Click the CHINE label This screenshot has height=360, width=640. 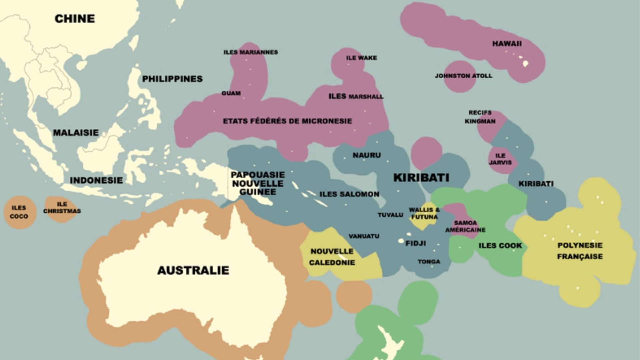click(75, 19)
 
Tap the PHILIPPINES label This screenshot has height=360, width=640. click(172, 79)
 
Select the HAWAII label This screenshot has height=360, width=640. click(507, 44)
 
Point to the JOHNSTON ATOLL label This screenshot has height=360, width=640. click(463, 76)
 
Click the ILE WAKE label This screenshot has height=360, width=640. click(361, 58)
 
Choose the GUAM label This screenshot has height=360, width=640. click(231, 93)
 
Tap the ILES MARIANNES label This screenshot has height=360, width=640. click(250, 52)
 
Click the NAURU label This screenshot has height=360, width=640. click(367, 155)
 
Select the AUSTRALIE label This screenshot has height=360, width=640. click(193, 270)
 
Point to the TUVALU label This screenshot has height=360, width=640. click(390, 215)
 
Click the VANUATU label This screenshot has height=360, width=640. click(364, 236)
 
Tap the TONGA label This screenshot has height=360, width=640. click(429, 262)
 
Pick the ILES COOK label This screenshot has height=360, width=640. click(500, 246)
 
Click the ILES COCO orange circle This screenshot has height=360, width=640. click(19, 212)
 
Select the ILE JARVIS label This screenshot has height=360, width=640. click(500, 159)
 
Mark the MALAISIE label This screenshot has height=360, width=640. click(76, 133)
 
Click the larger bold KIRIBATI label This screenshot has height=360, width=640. click(421, 178)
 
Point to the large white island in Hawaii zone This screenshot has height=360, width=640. click(525, 63)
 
